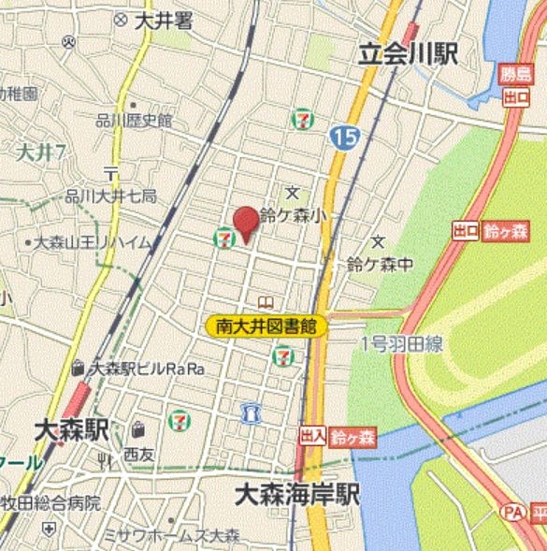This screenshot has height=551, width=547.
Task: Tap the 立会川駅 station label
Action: tap(409, 55)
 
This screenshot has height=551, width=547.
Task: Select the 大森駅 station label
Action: tap(71, 431)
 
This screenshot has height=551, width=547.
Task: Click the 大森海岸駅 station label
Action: tap(297, 492)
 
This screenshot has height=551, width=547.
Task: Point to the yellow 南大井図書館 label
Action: tap(266, 326)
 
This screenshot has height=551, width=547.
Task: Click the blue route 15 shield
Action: tap(343, 138)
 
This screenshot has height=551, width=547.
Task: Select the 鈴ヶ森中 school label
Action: tap(379, 265)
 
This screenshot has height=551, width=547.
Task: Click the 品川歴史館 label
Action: tap(135, 120)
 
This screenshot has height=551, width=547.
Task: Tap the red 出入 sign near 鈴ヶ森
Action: tap(312, 436)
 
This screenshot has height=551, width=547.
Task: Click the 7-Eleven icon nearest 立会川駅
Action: tap(302, 119)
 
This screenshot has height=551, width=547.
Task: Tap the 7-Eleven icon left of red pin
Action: tap(224, 239)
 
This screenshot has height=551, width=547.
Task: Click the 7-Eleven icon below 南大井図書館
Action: tap(282, 356)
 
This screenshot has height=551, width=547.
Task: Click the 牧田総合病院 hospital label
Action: tap(51, 502)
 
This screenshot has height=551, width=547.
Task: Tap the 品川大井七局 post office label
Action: tap(110, 196)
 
